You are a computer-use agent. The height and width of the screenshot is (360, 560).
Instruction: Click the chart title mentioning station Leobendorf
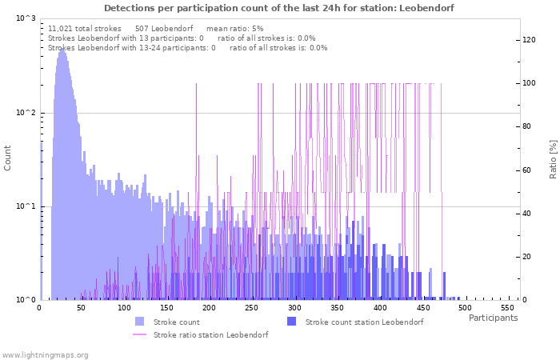click(x=279, y=8)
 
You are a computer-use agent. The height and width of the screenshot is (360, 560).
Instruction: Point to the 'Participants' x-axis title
click(x=493, y=318)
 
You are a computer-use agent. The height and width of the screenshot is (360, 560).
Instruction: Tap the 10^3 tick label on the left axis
click(x=26, y=18)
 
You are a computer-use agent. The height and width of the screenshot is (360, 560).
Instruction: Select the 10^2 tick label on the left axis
click(x=26, y=113)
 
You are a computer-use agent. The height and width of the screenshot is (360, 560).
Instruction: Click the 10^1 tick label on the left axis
click(x=26, y=206)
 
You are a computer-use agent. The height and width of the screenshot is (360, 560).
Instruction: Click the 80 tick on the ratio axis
click(x=528, y=126)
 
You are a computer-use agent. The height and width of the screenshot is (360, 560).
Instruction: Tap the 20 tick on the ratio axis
click(x=528, y=257)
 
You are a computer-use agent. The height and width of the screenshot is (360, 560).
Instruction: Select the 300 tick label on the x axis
click(x=294, y=308)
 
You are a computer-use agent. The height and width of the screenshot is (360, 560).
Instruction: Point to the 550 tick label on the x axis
click(x=508, y=308)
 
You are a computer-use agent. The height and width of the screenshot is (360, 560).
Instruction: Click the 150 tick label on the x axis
click(x=166, y=308)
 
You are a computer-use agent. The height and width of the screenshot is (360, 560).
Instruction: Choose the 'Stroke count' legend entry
click(x=176, y=322)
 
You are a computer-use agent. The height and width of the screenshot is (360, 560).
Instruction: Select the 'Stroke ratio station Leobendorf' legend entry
click(x=210, y=334)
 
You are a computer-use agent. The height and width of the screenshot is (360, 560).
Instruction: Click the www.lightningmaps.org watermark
click(x=46, y=354)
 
